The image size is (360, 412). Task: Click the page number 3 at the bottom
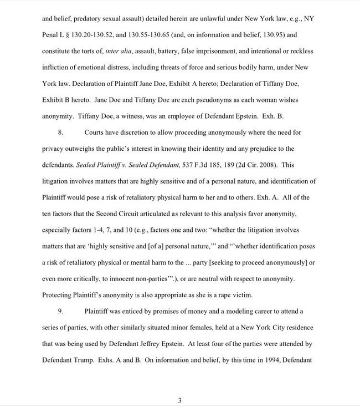coord(179,400)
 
